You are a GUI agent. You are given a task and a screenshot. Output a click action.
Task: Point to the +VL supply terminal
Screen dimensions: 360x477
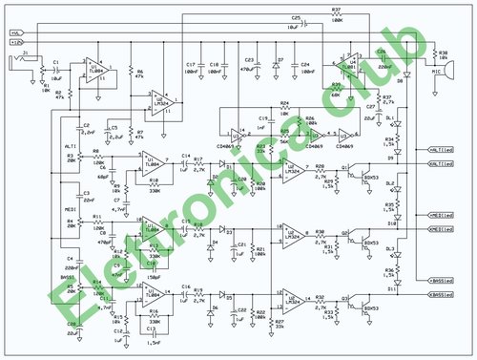[14, 33]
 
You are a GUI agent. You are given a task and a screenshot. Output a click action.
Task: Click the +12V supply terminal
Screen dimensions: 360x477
[14, 41]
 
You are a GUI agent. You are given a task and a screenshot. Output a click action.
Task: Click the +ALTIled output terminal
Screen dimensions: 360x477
[441, 149]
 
